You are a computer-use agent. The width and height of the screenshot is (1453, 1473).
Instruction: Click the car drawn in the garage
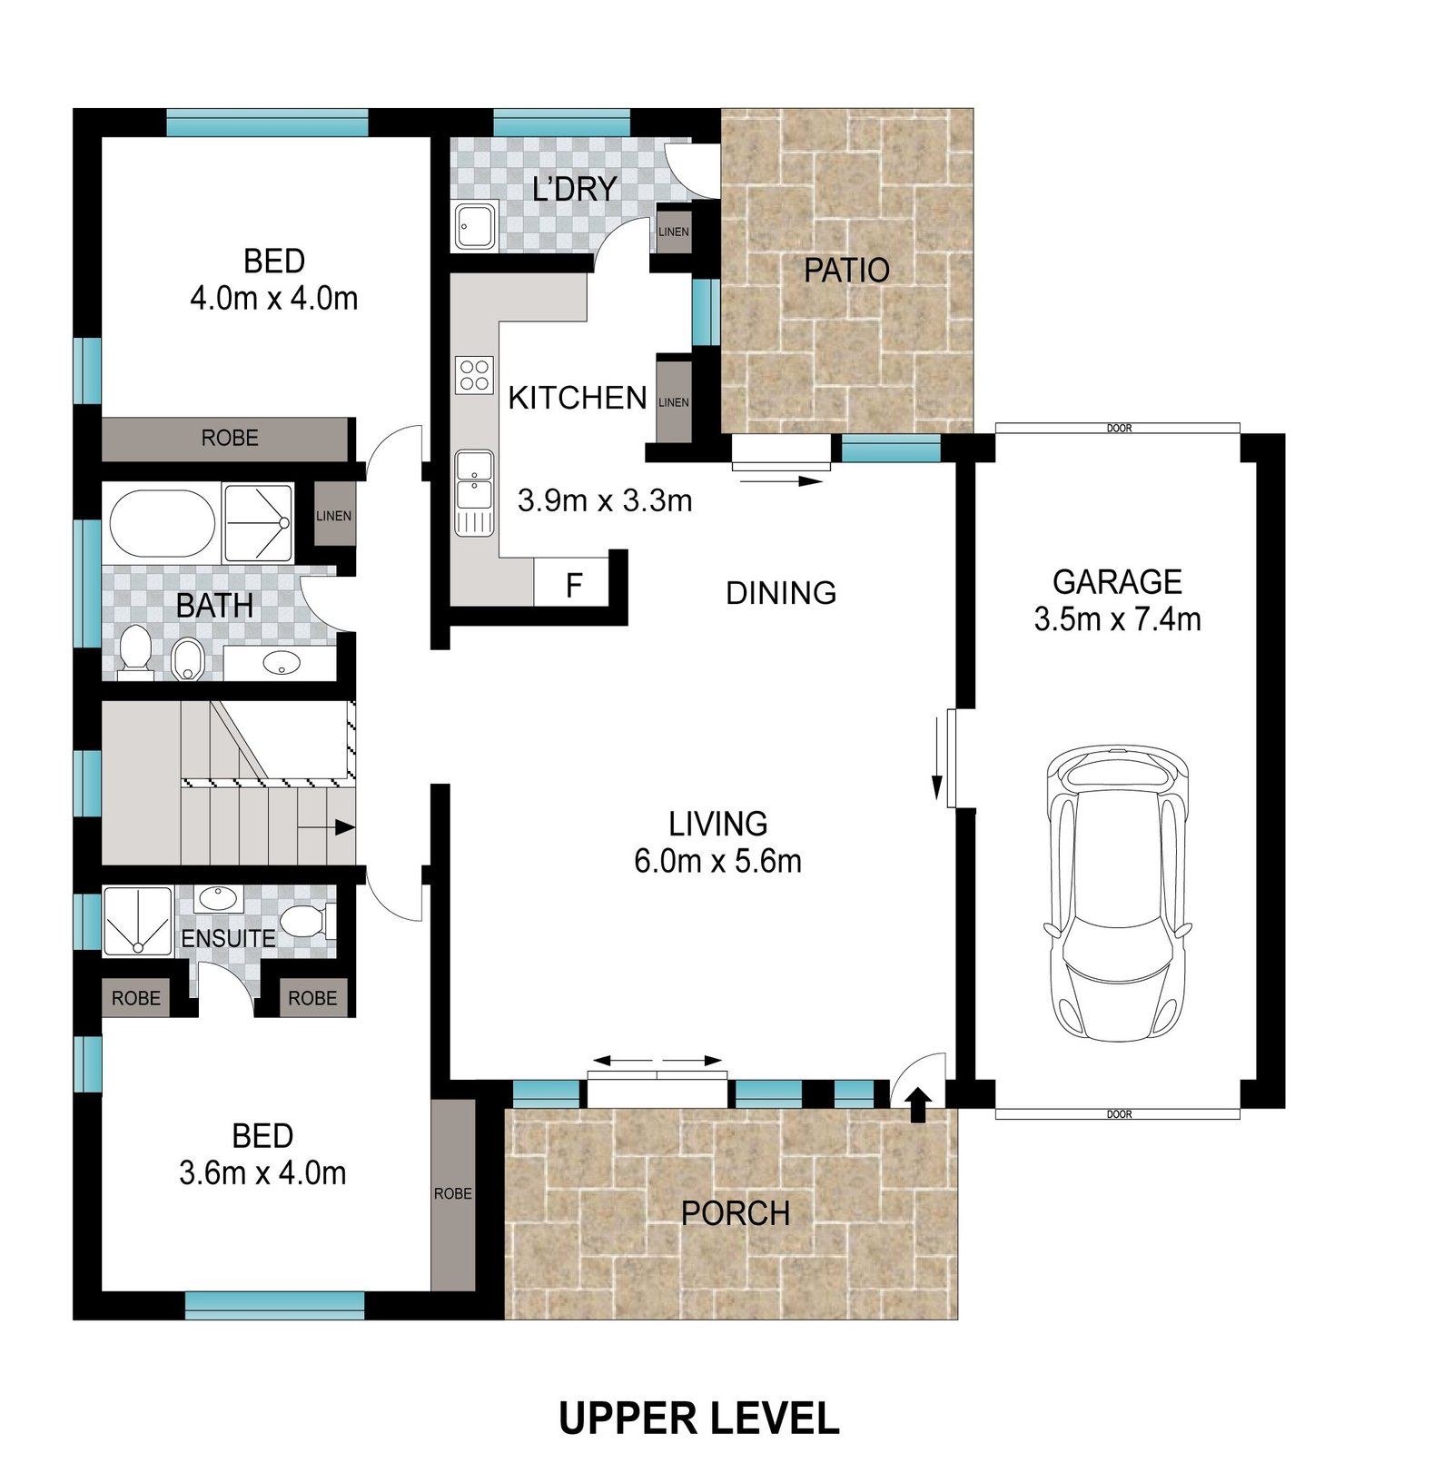(x=1117, y=895)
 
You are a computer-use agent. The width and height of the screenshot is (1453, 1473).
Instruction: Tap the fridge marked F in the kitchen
(x=571, y=584)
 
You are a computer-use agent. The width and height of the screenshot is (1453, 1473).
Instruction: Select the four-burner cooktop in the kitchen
(x=474, y=374)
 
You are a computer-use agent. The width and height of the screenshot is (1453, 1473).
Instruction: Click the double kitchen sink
(x=474, y=481)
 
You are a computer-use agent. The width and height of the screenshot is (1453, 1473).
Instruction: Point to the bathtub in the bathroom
(x=162, y=524)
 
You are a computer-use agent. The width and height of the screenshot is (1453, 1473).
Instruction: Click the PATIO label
(x=846, y=271)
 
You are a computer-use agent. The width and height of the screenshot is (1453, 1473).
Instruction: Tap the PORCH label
(x=735, y=1214)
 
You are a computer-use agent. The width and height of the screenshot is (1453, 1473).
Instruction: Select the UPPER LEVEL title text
(x=698, y=1419)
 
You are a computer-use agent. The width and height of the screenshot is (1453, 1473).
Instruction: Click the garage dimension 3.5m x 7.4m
(x=1117, y=619)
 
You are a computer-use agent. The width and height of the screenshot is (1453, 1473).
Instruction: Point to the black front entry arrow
(x=918, y=1104)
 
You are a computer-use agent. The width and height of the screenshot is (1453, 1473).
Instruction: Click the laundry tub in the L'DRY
(x=474, y=225)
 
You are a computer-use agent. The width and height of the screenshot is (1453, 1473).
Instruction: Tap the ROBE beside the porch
(x=452, y=1193)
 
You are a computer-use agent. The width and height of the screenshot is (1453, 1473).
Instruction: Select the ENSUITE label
(x=228, y=938)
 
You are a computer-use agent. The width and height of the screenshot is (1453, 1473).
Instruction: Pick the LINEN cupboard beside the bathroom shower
(x=333, y=515)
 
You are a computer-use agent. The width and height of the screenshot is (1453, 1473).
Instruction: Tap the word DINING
(x=781, y=593)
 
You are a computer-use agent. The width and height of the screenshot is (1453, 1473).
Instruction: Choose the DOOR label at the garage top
(x=1119, y=428)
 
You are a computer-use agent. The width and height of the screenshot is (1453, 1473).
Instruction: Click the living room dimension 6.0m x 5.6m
(x=717, y=861)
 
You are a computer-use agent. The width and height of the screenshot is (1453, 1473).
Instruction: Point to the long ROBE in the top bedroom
(x=229, y=439)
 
